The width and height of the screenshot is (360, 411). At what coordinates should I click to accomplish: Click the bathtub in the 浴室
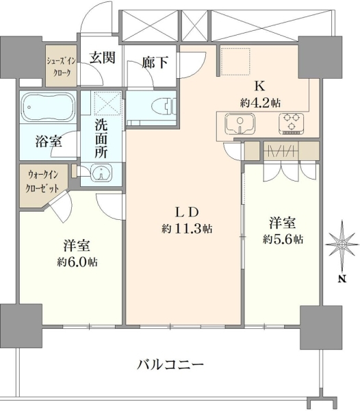click(48, 107)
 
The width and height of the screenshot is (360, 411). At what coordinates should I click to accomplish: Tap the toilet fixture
click(164, 106)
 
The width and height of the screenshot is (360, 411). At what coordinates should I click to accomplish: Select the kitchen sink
click(240, 124)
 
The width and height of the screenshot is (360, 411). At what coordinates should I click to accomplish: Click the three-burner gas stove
click(291, 124)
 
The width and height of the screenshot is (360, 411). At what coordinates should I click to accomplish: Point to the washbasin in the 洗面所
click(101, 173)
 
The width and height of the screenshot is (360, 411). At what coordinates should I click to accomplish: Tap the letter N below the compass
click(342, 279)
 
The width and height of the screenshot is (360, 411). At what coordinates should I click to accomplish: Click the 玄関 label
click(103, 58)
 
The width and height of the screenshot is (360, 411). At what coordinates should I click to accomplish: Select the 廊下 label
click(155, 62)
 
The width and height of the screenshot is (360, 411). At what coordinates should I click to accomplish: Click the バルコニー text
click(170, 364)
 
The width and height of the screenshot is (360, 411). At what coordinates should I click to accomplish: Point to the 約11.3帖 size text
click(187, 229)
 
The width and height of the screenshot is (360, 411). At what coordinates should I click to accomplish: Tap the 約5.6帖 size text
click(283, 239)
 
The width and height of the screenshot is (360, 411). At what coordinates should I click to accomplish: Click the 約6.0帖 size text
click(77, 262)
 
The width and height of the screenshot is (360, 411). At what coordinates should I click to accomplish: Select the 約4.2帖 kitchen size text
click(260, 103)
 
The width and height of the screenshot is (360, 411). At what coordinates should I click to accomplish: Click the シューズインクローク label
click(62, 66)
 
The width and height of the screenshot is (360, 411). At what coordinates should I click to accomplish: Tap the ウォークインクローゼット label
click(42, 181)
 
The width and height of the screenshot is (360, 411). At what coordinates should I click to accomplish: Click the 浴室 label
click(49, 142)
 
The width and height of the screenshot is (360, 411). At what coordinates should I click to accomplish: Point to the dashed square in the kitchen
click(235, 62)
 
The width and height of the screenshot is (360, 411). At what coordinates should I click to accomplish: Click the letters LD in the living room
click(187, 212)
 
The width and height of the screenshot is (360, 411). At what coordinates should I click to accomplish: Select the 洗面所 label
click(101, 140)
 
